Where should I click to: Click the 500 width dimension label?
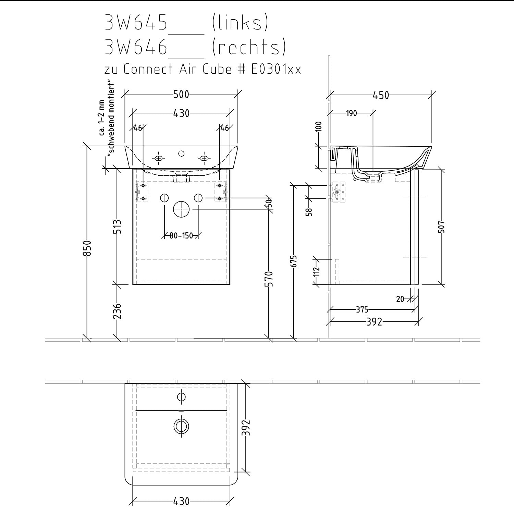(x=181, y=94)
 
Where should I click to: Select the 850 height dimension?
(x=87, y=248)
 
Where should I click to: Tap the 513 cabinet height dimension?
(x=118, y=227)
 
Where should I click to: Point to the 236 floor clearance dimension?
(x=118, y=311)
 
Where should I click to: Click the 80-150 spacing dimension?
(x=181, y=236)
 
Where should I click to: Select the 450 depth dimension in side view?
(x=381, y=95)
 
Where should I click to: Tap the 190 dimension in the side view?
(x=352, y=113)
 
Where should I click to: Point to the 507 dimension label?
(x=441, y=227)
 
